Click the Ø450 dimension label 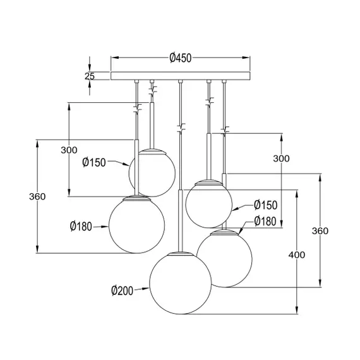pos(181,58)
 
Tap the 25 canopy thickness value pos(90,76)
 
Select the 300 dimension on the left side pos(69,150)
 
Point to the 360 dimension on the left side pos(37,196)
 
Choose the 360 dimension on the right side pos(320,231)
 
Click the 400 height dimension pos(296,255)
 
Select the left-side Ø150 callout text pos(93,162)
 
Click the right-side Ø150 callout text pos(265,205)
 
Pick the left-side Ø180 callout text pos(81,225)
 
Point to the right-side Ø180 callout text pos(265,221)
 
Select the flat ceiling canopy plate pos(181,76)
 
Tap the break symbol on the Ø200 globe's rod pos(181,129)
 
